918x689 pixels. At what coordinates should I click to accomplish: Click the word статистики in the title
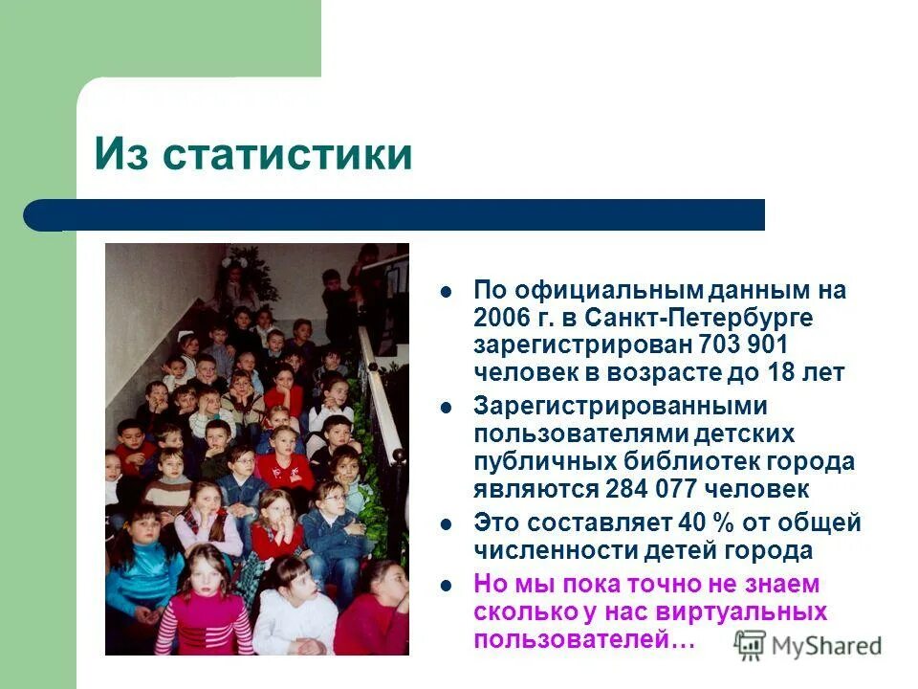[288, 155]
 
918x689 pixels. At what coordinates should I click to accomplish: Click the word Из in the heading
[122, 155]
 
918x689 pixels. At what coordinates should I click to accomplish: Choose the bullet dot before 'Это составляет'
[445, 523]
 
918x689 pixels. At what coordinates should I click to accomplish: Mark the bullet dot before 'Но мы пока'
[445, 584]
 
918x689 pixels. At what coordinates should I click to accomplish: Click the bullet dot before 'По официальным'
[445, 289]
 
